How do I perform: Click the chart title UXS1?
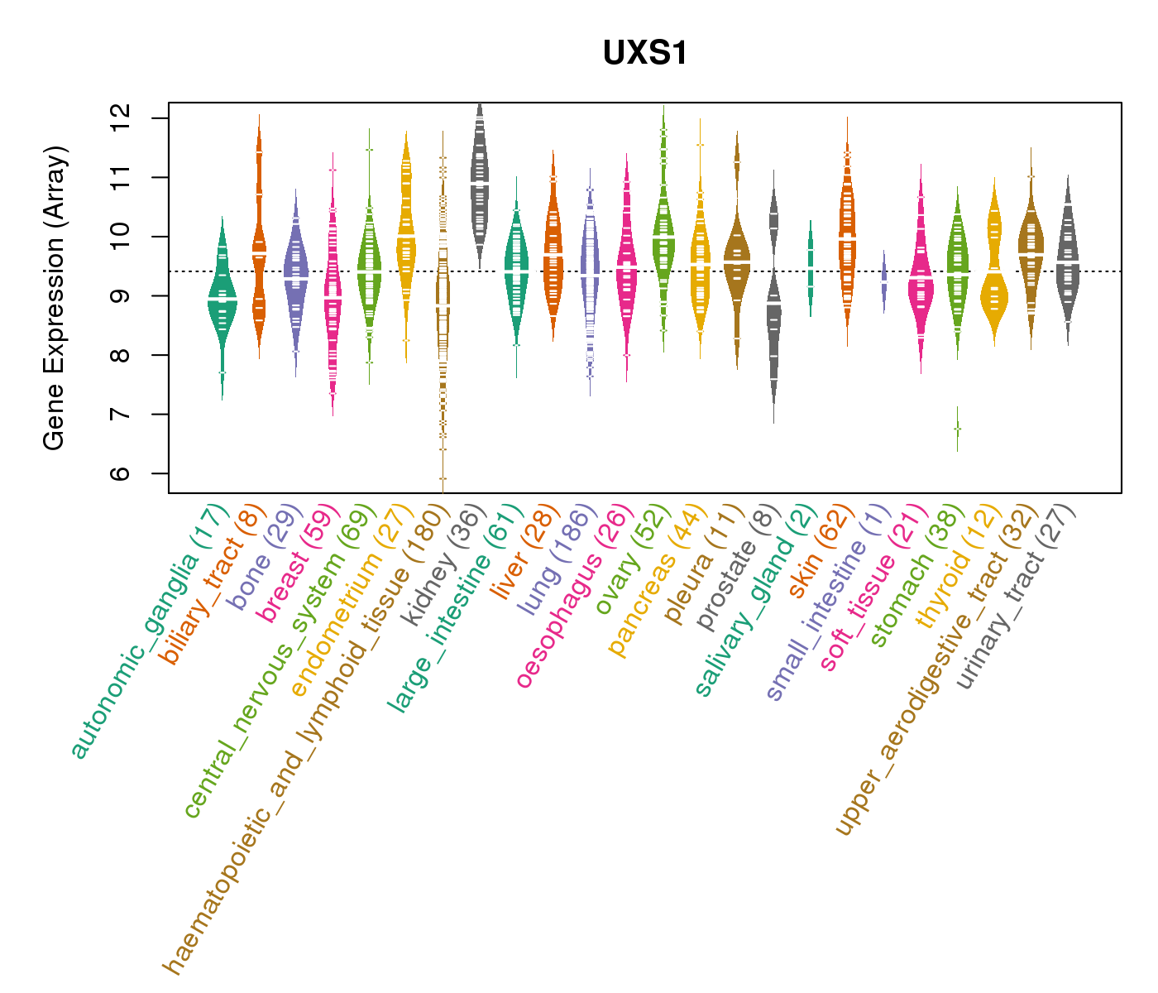(x=645, y=54)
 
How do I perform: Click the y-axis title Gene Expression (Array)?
(x=55, y=299)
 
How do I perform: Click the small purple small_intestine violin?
(x=883, y=281)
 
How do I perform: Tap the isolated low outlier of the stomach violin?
(x=957, y=429)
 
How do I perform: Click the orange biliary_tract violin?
(x=259, y=248)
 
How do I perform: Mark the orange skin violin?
(x=847, y=240)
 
